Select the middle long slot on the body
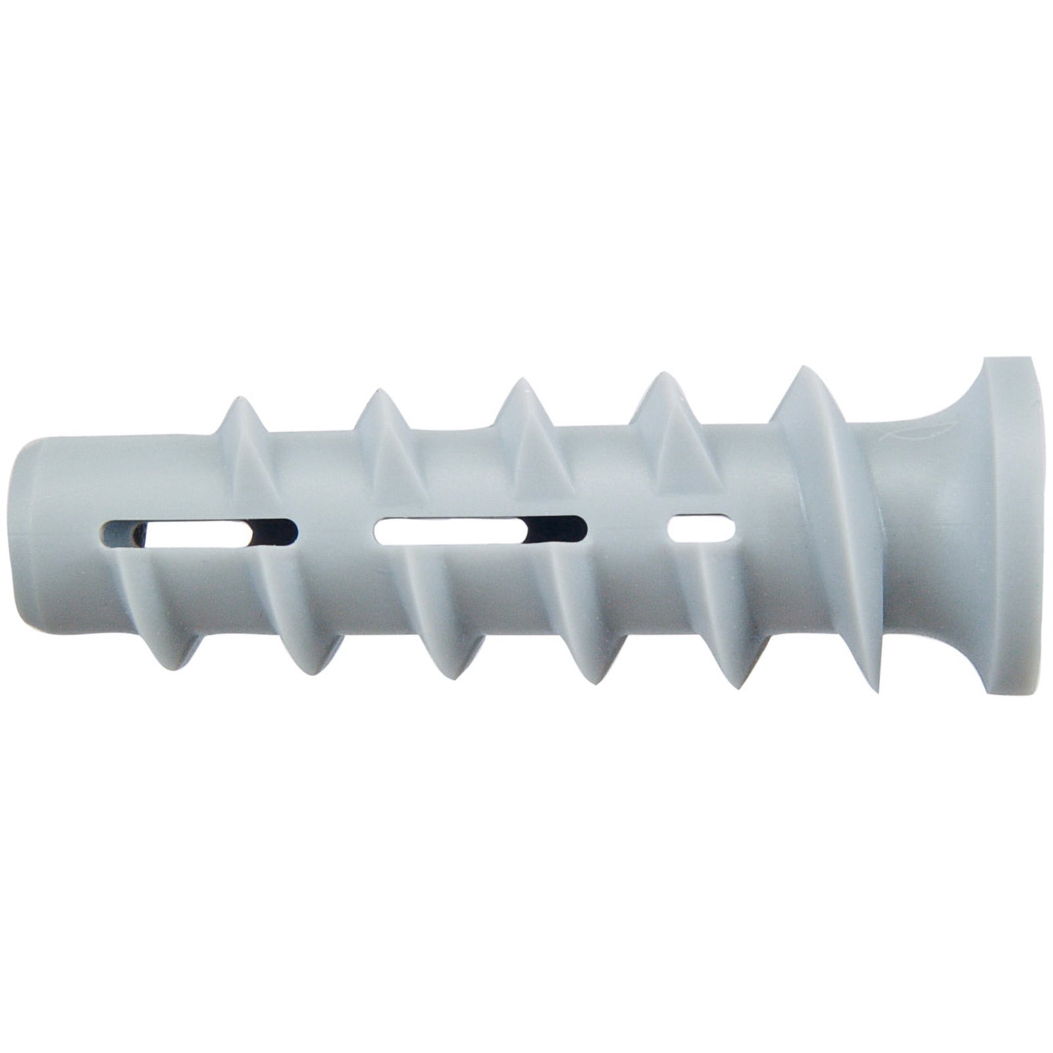pyautogui.click(x=480, y=530)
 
